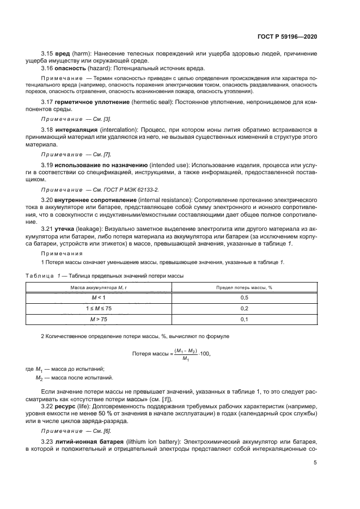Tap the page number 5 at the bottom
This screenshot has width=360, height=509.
(x=315, y=463)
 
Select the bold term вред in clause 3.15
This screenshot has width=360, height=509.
(x=60, y=54)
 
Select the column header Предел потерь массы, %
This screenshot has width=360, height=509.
(x=244, y=287)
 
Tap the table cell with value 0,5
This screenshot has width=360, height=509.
(x=244, y=298)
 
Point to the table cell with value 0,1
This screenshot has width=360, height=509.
(x=244, y=320)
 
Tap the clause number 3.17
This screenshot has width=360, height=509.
(x=47, y=102)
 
